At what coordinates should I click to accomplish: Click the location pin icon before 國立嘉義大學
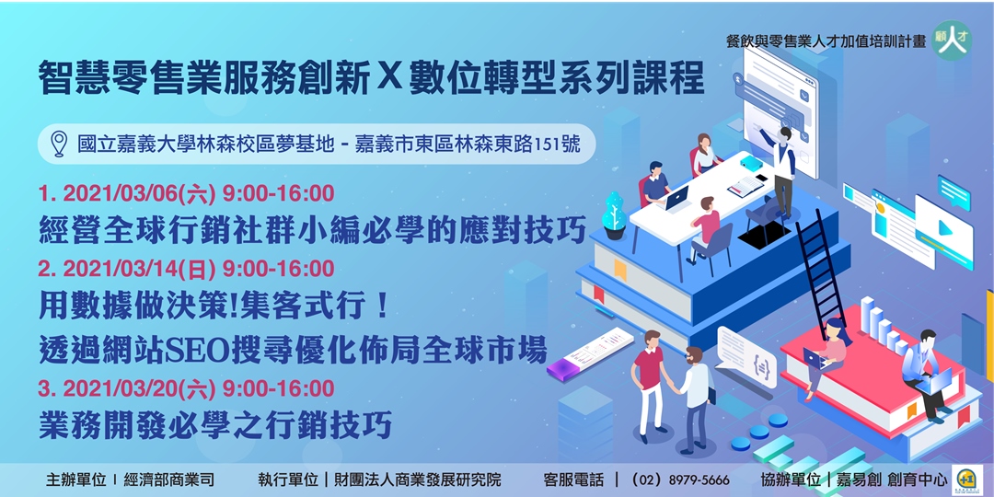pyautogui.click(x=59, y=144)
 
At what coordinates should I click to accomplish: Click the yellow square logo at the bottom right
pyautogui.click(x=965, y=478)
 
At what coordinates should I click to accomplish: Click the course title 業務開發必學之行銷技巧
pyautogui.click(x=215, y=425)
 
